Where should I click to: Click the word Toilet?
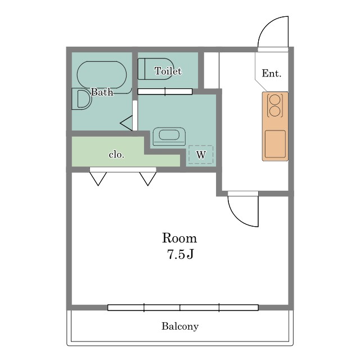click(168, 71)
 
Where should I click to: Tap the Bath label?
click(102, 92)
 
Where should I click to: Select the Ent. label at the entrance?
click(272, 73)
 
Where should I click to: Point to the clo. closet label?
click(116, 155)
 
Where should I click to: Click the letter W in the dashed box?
click(201, 155)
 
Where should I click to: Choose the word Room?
click(179, 238)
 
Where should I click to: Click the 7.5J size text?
click(181, 254)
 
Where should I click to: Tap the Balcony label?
click(180, 326)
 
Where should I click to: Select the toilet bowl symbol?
click(155, 69)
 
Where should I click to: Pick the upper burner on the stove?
click(275, 100)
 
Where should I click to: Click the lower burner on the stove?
click(275, 111)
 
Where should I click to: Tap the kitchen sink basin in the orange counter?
click(275, 144)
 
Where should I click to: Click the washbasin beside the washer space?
click(169, 136)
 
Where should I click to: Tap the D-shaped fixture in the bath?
click(82, 99)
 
